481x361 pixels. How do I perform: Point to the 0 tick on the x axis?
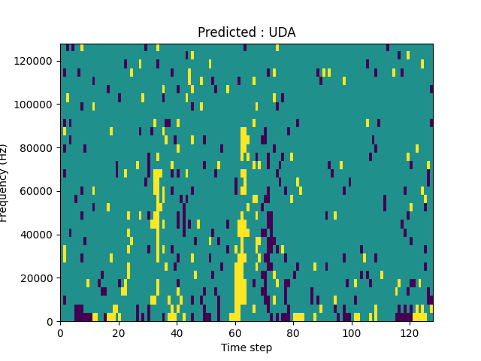coord(60,332)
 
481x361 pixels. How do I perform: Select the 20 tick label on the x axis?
coord(118,332)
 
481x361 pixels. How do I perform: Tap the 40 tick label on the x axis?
coord(177,332)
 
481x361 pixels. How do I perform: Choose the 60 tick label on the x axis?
coord(234,332)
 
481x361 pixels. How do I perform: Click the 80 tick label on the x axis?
coord(293,332)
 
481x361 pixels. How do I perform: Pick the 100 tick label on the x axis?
coord(351,332)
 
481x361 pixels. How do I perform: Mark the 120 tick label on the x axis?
coord(410,332)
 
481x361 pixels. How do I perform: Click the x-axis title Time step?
coord(247,347)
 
